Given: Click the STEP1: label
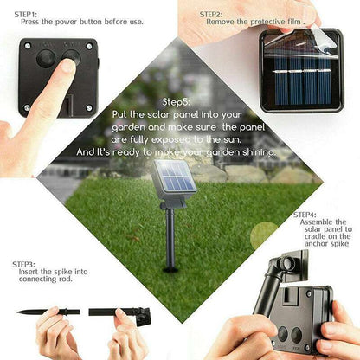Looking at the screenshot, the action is (x=26, y=14).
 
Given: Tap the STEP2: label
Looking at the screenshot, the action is (x=211, y=14).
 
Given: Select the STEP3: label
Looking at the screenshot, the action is (x=23, y=264).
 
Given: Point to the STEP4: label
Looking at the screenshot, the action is (x=305, y=215).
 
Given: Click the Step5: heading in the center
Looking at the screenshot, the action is (x=177, y=102).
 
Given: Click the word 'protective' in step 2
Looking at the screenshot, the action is (x=267, y=22).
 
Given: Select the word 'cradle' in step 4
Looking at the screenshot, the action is (x=315, y=236).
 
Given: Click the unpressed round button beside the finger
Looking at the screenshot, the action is (x=46, y=59).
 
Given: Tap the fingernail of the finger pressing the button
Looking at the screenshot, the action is (x=67, y=66).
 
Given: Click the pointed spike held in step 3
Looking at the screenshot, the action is (x=48, y=312).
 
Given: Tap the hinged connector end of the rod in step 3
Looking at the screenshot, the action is (x=142, y=316).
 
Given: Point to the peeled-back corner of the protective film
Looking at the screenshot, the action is (x=323, y=39).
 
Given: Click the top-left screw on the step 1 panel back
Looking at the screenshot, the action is (x=28, y=46).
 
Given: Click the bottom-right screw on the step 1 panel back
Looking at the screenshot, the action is (x=89, y=108).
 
